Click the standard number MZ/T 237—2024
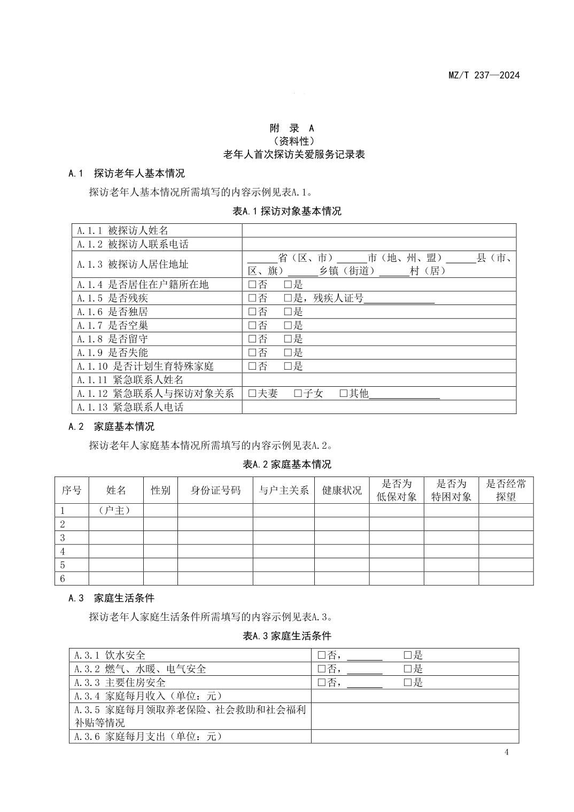tap(484, 75)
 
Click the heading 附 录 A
tap(292, 128)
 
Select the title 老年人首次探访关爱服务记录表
tap(294, 155)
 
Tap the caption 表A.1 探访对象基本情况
tap(286, 211)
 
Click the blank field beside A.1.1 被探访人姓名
tap(378, 231)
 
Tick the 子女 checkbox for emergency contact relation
tap(298, 394)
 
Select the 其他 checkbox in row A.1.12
tap(344, 394)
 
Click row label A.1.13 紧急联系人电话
tap(130, 407)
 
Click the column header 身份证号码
tap(215, 490)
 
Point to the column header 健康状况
tap(342, 490)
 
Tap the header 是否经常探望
tap(506, 490)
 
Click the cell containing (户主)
tap(115, 511)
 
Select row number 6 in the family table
tap(63, 579)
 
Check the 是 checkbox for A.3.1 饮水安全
tap(407, 655)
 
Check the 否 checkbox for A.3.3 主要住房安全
tap(322, 683)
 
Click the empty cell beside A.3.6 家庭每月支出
tap(415, 737)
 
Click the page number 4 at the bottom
tap(507, 753)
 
